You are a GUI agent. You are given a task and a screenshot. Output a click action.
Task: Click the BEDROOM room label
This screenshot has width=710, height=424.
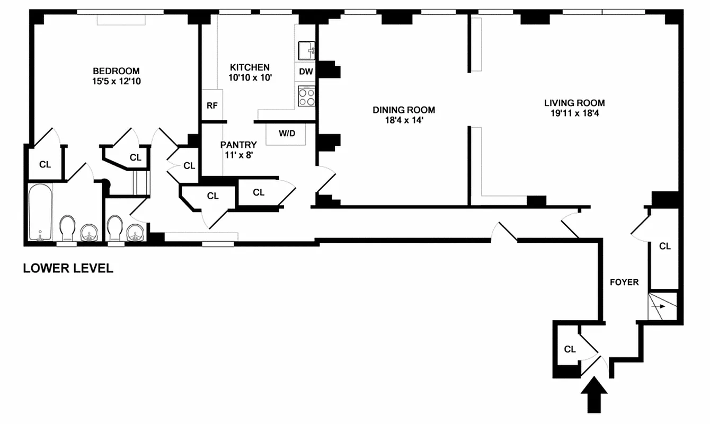pos(116,71)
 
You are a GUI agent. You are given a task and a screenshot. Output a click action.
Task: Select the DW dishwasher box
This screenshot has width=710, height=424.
pos(306,72)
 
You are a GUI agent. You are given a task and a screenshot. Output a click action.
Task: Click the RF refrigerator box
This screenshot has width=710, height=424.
pos(212,105)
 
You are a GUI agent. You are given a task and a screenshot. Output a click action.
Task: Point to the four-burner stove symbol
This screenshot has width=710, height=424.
pos(306,96)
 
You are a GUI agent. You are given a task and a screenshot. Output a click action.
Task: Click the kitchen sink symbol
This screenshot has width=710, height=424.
pos(307,51)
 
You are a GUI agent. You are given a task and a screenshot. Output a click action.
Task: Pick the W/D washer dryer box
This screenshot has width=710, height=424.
pos(287,134)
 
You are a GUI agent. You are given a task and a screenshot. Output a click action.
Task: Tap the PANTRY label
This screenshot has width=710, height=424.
pos(238,145)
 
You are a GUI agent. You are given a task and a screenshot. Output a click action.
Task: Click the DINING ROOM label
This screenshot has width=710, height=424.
pos(404,110)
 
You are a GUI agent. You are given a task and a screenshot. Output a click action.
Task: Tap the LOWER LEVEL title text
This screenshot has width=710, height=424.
pos(68,268)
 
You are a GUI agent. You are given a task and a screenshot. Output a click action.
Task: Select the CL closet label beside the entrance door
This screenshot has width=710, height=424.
pos(570,349)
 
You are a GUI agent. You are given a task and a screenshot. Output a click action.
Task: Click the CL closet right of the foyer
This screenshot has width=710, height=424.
pos(664,246)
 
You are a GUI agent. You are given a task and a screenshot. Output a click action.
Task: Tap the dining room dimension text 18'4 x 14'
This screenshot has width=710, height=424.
pos(404,120)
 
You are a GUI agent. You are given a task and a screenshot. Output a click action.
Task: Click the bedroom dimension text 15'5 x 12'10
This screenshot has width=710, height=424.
pos(116,82)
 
